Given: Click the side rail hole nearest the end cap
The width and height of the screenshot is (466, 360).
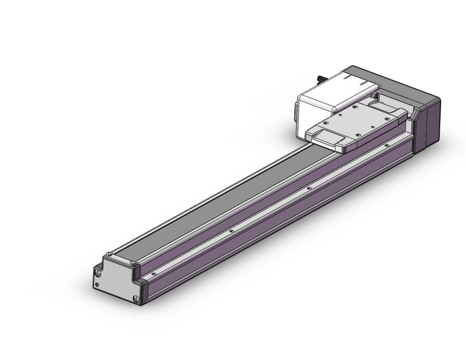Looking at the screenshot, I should coord(154,274).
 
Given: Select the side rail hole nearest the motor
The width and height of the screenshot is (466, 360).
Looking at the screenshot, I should coord(387,145).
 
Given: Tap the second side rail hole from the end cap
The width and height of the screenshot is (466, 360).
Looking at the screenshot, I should coord(231,231).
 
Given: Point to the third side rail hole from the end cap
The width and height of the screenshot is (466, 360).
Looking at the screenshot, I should coord(310,188).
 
